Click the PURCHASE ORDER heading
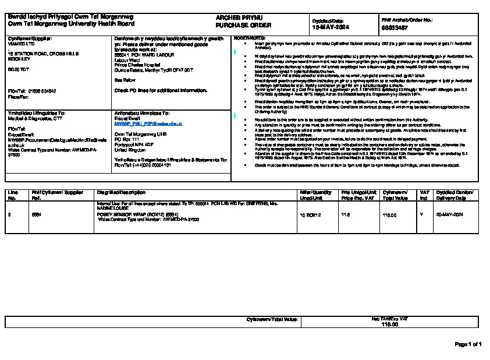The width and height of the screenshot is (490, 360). coord(235,26)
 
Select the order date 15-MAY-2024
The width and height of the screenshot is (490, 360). coord(331,27)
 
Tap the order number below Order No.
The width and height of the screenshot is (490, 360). coord(395,27)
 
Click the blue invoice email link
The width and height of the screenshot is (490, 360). coord(148,124)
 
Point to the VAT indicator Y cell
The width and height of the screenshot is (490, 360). coord(421,215)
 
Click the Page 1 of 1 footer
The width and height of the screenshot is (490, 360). coord(468,344)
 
